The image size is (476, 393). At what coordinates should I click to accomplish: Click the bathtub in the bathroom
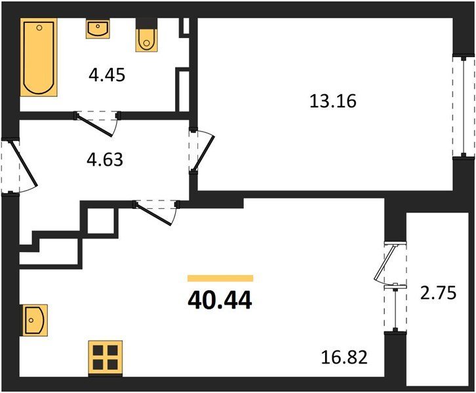tap(39, 58)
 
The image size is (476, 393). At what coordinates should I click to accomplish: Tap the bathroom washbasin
tap(98, 29)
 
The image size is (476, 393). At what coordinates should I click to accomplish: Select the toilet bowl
tap(146, 40)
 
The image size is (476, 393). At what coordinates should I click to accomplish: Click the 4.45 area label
tap(107, 75)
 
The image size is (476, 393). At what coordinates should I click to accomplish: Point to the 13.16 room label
tap(333, 101)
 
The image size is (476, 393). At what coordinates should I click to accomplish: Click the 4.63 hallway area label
tap(105, 160)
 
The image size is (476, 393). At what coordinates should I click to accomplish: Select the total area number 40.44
tap(220, 300)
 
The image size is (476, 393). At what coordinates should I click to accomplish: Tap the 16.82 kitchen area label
tap(344, 357)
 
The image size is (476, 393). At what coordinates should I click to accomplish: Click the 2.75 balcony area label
tap(438, 293)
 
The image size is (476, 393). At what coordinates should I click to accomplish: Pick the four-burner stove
tap(106, 358)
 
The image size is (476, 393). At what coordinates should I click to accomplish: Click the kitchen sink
tap(34, 320)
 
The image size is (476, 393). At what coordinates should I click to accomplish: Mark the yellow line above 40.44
tap(220, 278)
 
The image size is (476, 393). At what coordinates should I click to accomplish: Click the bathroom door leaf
tap(94, 125)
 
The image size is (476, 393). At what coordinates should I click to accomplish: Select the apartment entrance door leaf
tap(24, 164)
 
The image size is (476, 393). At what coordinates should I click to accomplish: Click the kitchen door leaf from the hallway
tap(153, 214)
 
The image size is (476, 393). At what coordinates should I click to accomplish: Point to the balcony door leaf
tap(385, 262)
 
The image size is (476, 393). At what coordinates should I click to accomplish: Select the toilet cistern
tap(146, 24)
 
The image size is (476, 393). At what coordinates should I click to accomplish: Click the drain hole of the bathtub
tap(39, 28)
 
